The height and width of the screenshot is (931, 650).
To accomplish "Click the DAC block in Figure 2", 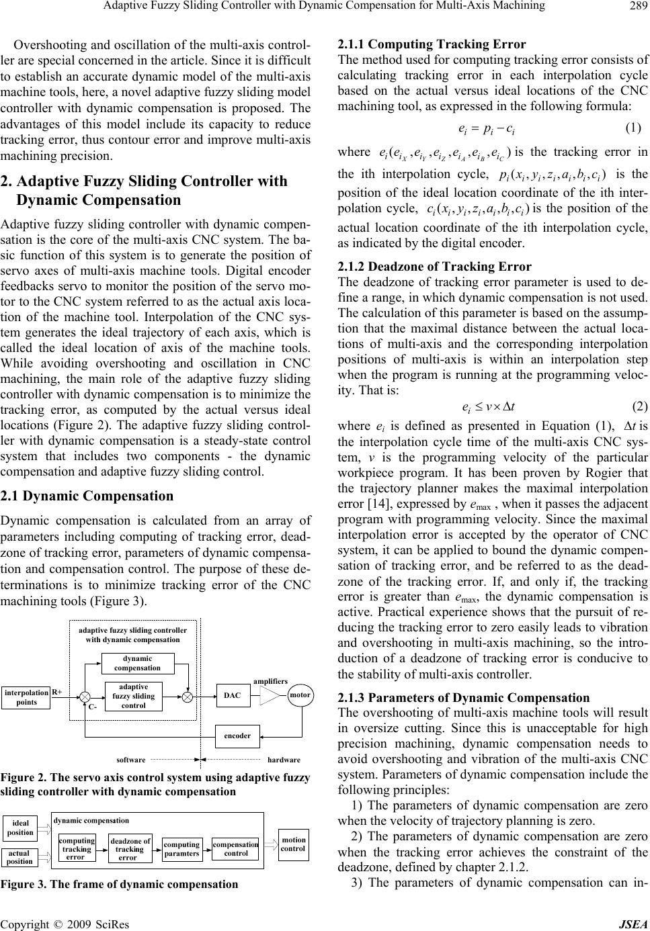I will [233, 696].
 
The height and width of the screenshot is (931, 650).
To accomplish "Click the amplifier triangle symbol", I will [272, 696].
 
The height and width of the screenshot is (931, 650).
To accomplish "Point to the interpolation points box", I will [27, 697].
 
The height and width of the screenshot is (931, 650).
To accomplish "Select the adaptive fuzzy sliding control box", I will [134, 696].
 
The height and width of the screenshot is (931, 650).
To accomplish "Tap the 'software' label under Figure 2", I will [131, 760].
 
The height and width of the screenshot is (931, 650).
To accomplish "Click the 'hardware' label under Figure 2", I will [284, 760].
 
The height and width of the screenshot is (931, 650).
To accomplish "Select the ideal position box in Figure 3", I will [20, 828].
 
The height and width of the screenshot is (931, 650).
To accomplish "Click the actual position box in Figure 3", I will [19, 857].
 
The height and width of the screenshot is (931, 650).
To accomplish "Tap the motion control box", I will [293, 844].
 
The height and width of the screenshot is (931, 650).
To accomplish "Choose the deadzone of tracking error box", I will [130, 848].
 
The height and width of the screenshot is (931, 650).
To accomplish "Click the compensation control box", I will [236, 848].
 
